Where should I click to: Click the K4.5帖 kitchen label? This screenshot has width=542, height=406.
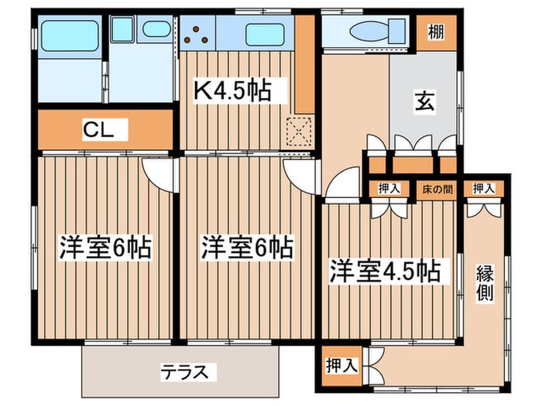pyautogui.click(x=232, y=90)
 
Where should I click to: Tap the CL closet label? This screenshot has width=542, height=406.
pyautogui.click(x=98, y=130)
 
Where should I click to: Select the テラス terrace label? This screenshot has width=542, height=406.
pyautogui.click(x=185, y=372)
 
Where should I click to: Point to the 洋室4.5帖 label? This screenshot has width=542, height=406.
pyautogui.click(x=384, y=271)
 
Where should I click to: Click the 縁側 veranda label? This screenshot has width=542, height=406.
pyautogui.click(x=485, y=283)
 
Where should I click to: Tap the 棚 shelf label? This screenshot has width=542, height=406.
pyautogui.click(x=436, y=32)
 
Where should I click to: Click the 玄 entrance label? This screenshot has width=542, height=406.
pyautogui.click(x=425, y=101)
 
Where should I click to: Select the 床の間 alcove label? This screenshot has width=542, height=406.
pyautogui.click(x=437, y=189)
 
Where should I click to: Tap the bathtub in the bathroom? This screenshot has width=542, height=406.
pyautogui.click(x=70, y=36)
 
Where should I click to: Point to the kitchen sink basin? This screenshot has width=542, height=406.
pyautogui.click(x=265, y=34)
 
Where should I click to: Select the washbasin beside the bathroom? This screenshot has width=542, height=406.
pyautogui.click(x=156, y=29)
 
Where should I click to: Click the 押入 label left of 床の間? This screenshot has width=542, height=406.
pyautogui.click(x=389, y=189)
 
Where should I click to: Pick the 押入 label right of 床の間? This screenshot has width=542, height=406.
pyautogui.click(x=484, y=189)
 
